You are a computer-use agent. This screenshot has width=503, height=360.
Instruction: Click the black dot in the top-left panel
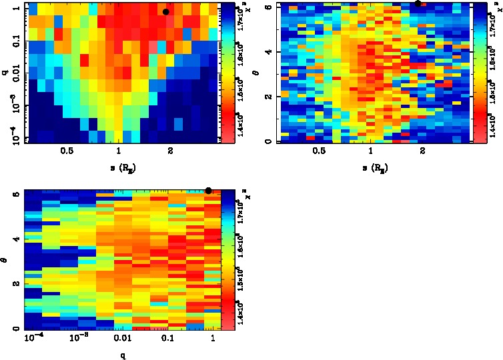point(166,11)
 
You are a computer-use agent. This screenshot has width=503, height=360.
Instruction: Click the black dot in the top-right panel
point(418,3)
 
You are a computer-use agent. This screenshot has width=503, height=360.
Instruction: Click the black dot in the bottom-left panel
point(209,191)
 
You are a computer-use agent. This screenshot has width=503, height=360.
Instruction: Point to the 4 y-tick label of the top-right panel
point(266,51)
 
